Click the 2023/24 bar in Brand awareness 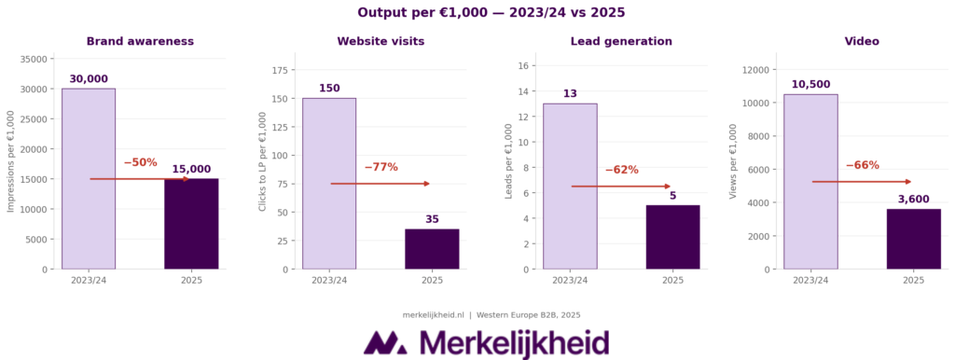pyautogui.click(x=89, y=178)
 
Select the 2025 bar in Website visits pyautogui.click(x=432, y=249)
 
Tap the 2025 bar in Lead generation pyautogui.click(x=672, y=237)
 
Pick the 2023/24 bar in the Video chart pyautogui.click(x=810, y=181)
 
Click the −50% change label pyautogui.click(x=140, y=162)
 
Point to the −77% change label pyautogui.click(x=381, y=167)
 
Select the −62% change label pyautogui.click(x=621, y=170)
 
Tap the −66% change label pyautogui.click(x=862, y=165)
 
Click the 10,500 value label pyautogui.click(x=810, y=85)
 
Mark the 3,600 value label pyautogui.click(x=913, y=200)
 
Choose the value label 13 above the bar pyautogui.click(x=570, y=94)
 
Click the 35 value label pyautogui.click(x=432, y=220)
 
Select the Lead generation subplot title pyautogui.click(x=621, y=41)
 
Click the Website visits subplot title pyautogui.click(x=381, y=41)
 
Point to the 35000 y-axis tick pyautogui.click(x=34, y=59)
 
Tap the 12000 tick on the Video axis pyautogui.click(x=753, y=69)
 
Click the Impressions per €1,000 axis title pyautogui.click(x=11, y=161)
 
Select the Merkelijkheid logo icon pyautogui.click(x=385, y=342)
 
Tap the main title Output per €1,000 pyautogui.click(x=477, y=12)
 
